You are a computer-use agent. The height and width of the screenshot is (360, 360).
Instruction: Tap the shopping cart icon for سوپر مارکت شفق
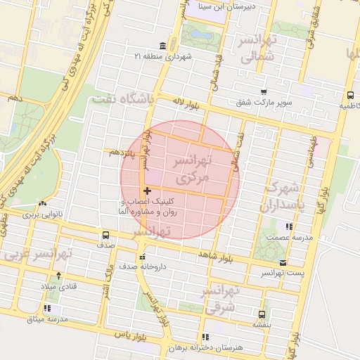(x=264, y=92)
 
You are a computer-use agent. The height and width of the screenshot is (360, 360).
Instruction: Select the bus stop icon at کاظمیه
(x=349, y=95)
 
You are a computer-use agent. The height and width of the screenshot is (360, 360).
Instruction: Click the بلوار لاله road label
(x=188, y=103)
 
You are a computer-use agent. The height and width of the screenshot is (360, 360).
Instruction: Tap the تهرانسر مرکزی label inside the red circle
(x=191, y=170)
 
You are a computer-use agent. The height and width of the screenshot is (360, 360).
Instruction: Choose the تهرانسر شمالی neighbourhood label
(x=258, y=49)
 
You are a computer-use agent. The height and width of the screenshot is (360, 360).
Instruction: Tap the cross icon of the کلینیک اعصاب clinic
(x=146, y=191)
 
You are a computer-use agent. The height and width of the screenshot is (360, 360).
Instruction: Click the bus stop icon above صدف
(x=105, y=235)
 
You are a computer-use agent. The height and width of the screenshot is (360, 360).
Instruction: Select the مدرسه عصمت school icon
(x=289, y=226)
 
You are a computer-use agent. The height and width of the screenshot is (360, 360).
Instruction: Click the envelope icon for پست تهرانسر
(x=283, y=262)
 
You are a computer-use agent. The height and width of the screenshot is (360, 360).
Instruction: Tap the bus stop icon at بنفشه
(x=262, y=314)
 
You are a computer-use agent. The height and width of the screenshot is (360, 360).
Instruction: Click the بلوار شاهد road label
(x=215, y=254)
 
